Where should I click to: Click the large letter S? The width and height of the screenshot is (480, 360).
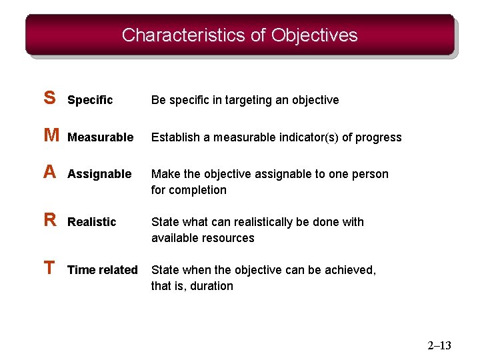[x=49, y=99]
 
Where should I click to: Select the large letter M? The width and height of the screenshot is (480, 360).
[x=51, y=136]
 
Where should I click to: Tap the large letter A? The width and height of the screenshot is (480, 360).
[x=49, y=173]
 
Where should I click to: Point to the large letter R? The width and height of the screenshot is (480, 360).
[x=50, y=221]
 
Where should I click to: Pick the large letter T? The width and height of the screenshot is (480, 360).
[x=49, y=269]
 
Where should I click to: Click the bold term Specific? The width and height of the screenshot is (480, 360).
[x=90, y=100]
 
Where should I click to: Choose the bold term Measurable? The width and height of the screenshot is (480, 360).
[x=101, y=137]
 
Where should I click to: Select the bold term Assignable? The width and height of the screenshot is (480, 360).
[x=99, y=174]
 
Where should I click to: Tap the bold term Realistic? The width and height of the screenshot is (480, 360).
[x=92, y=222]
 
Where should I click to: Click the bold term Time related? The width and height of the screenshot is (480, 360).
[x=103, y=270]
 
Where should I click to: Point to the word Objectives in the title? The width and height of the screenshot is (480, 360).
[x=315, y=35]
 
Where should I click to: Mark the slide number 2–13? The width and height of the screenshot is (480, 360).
[x=439, y=345]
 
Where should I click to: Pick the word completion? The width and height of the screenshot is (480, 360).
[x=198, y=190]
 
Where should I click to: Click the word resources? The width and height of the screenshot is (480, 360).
[x=229, y=238]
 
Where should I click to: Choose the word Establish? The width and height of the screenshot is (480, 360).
[x=175, y=137]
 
